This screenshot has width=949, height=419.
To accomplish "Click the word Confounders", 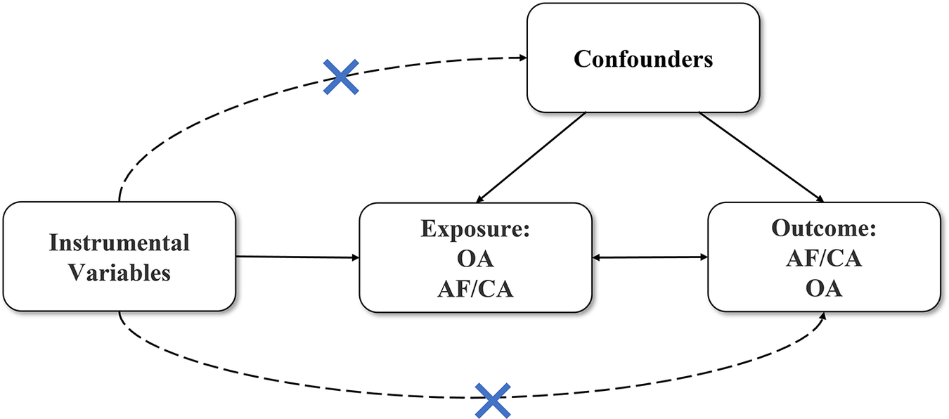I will point(643,59).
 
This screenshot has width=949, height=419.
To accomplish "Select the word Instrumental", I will point(119,243).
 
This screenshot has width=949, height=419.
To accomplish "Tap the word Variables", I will point(119,273).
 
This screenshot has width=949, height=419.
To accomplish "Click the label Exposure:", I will point(475,229).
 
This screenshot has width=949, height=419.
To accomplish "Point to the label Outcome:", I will point(824,228).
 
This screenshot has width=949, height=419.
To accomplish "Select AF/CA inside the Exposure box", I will point(475,288).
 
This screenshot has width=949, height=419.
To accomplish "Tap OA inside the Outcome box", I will point(824,288).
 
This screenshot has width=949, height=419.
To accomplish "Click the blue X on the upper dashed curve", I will point(341,77).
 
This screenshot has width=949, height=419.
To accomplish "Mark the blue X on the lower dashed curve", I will point(492,401).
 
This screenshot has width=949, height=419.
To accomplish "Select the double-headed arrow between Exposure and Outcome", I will point(649,258).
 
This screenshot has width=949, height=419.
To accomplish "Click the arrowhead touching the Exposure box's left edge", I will point(355,258).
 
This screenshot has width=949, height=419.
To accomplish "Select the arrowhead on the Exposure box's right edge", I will point(595,258).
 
